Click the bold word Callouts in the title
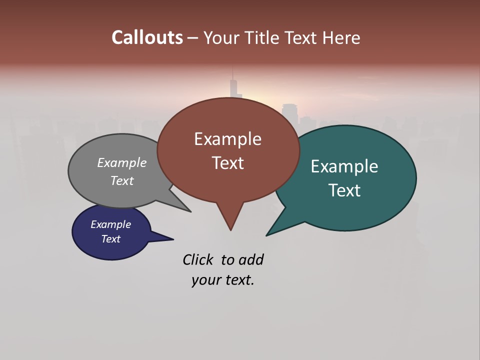pos(147,37)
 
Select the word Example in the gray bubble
pos(122,162)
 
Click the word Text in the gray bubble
pos(122,180)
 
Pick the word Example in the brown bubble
pos(227,138)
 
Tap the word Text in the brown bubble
pos(227,162)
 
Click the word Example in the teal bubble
pos(344,166)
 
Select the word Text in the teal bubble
pos(344,190)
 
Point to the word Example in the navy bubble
pos(110,224)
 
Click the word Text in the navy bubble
pos(110,239)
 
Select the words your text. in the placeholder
pos(223,280)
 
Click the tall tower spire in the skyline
pos(232,82)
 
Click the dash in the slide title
pos(193,38)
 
